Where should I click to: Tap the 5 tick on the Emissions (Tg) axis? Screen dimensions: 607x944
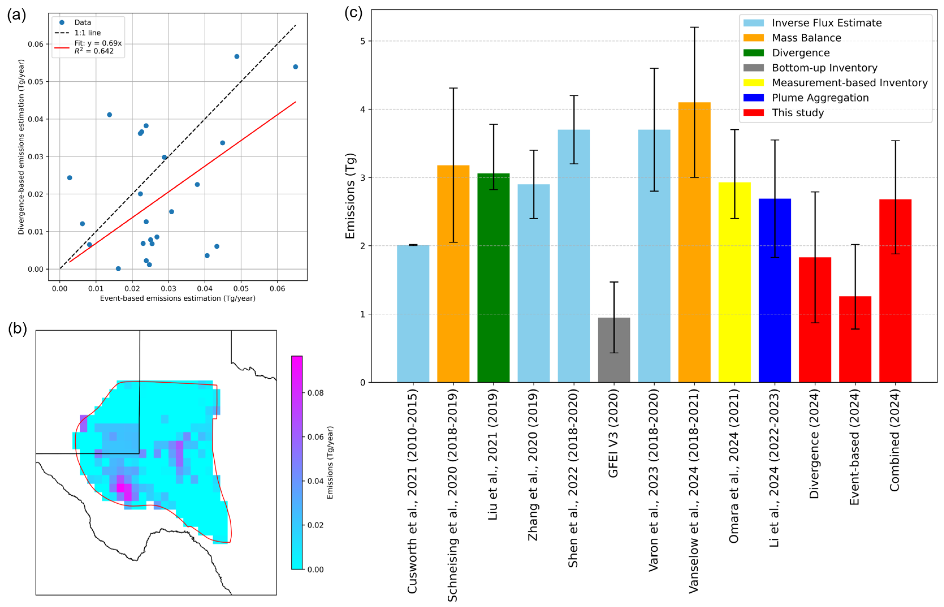(362, 41)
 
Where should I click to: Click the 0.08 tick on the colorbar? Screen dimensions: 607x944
(315, 393)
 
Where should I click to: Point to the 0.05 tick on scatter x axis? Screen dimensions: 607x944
(241, 289)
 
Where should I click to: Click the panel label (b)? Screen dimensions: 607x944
(17, 328)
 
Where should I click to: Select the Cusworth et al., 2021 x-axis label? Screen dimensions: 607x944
(412, 491)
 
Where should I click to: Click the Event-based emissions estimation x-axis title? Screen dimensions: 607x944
(177, 298)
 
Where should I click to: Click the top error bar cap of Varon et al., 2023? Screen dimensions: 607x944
(654, 69)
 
